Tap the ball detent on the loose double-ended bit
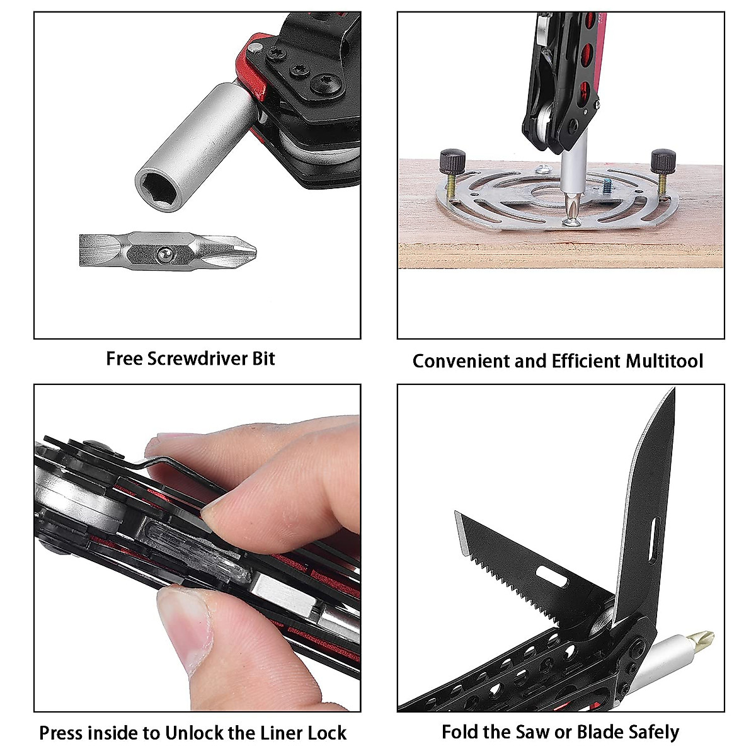point(163,253)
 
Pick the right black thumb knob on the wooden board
point(663,161)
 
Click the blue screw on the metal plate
point(607,186)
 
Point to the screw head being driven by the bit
point(572,221)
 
